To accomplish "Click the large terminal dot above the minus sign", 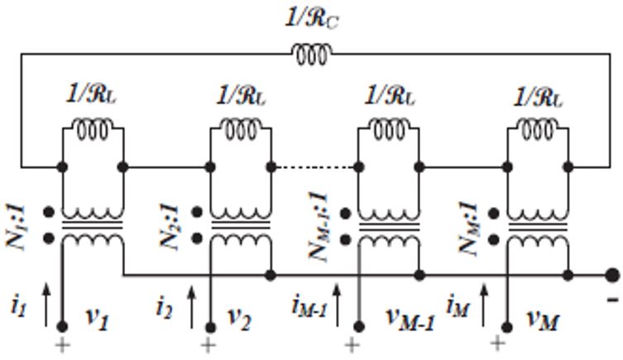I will (611, 274).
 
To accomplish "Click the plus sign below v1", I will (62, 343).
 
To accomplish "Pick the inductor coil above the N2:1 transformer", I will (241, 127).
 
